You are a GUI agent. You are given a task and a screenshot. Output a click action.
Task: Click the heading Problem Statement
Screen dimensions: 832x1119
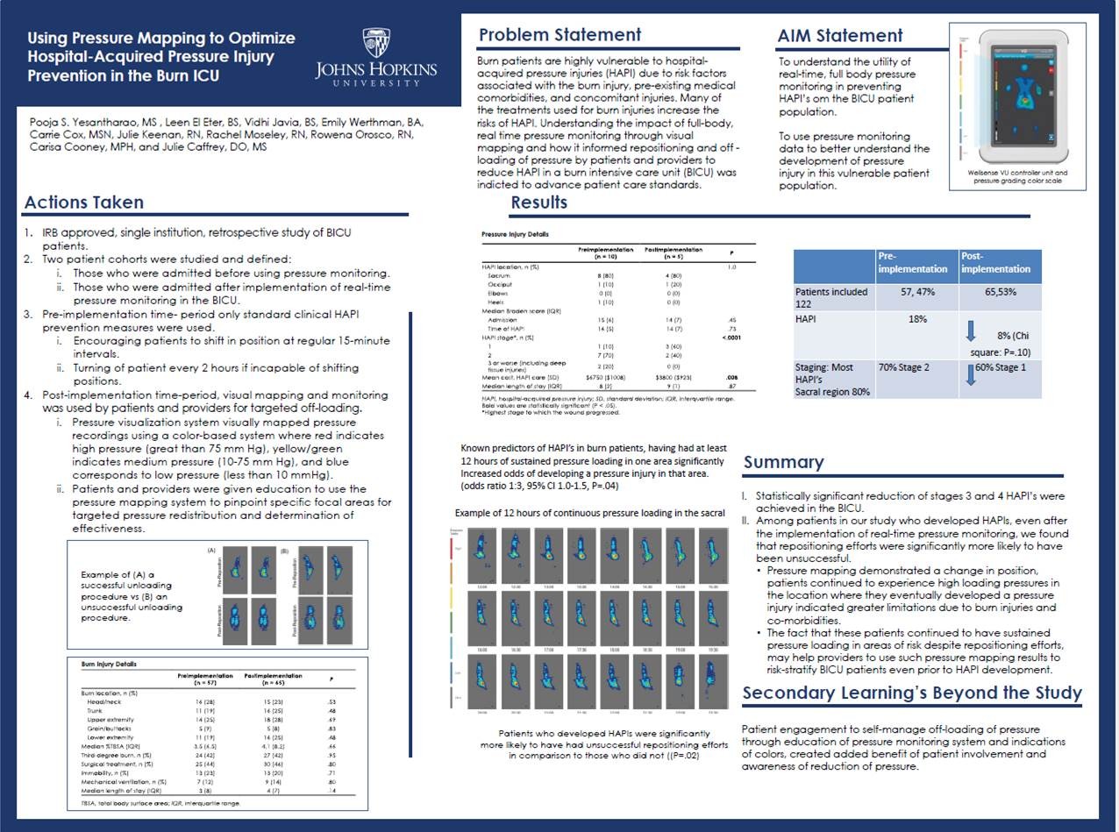click(559, 35)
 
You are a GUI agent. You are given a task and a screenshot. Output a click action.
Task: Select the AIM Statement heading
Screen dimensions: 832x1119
click(839, 36)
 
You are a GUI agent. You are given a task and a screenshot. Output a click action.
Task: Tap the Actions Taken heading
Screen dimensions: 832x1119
click(84, 203)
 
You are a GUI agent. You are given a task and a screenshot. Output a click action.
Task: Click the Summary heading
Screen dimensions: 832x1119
click(783, 462)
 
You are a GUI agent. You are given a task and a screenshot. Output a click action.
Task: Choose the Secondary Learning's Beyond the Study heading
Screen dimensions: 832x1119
click(912, 693)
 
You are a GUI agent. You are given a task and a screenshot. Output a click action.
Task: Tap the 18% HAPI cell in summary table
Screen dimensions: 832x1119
click(917, 320)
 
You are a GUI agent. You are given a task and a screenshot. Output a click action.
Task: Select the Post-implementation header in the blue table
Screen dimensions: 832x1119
click(1000, 264)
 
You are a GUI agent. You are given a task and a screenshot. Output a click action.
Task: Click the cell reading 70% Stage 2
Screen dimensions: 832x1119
click(916, 367)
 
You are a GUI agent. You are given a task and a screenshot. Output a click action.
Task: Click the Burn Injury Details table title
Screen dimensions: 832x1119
click(110, 664)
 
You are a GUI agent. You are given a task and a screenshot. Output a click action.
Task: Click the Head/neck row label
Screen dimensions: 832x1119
click(106, 703)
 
